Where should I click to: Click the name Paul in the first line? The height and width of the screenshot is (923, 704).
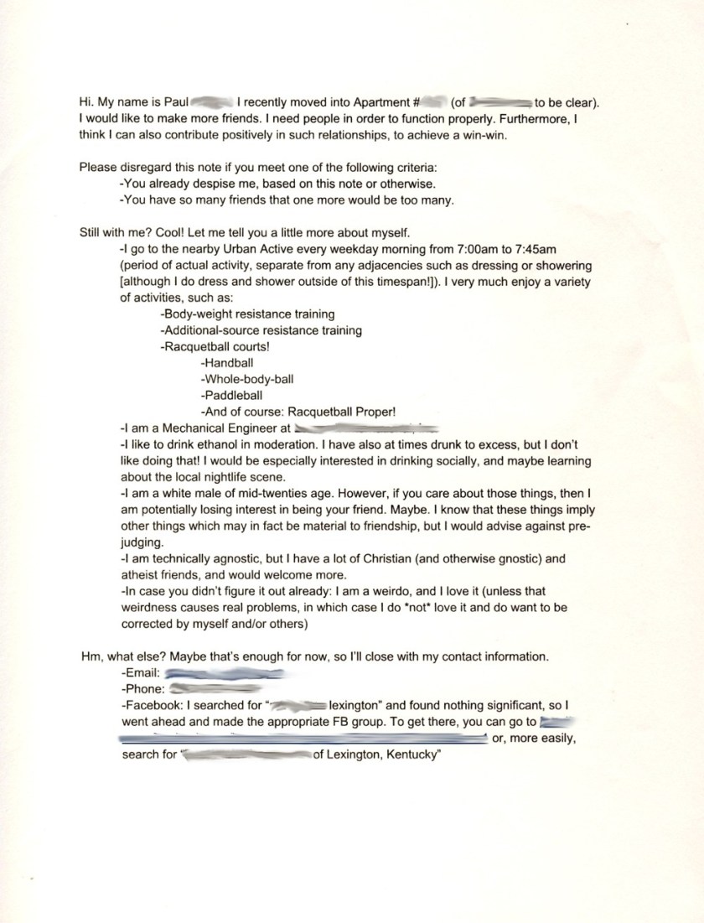(x=176, y=103)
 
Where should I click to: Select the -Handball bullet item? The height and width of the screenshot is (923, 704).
(x=227, y=363)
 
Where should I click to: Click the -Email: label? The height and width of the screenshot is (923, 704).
(x=141, y=672)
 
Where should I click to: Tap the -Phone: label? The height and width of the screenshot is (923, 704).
(x=142, y=688)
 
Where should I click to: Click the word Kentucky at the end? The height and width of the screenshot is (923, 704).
(x=411, y=754)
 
